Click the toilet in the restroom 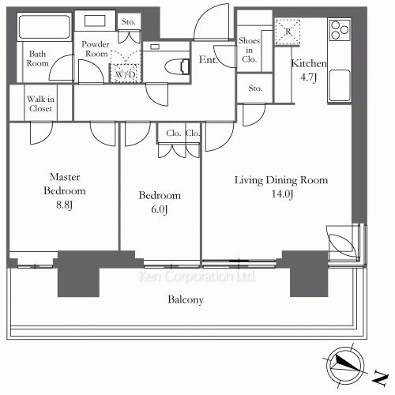coord(177,66)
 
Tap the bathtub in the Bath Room coord(44,27)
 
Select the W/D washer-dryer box coord(125,73)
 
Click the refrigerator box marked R coord(288,32)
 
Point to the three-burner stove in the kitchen coord(340,30)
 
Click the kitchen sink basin coord(340,85)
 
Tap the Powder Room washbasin coord(95,21)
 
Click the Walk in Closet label coord(40,103)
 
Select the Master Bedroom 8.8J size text coord(64,205)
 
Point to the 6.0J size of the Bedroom coord(160,209)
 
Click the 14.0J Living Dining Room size coord(282,194)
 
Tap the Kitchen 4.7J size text coord(308,77)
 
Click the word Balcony coord(186,299)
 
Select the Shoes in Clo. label coord(249,50)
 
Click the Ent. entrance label coord(209,60)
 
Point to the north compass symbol coord(345,366)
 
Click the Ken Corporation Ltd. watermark coord(197,276)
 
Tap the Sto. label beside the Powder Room coord(128,21)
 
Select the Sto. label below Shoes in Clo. coord(255,88)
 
